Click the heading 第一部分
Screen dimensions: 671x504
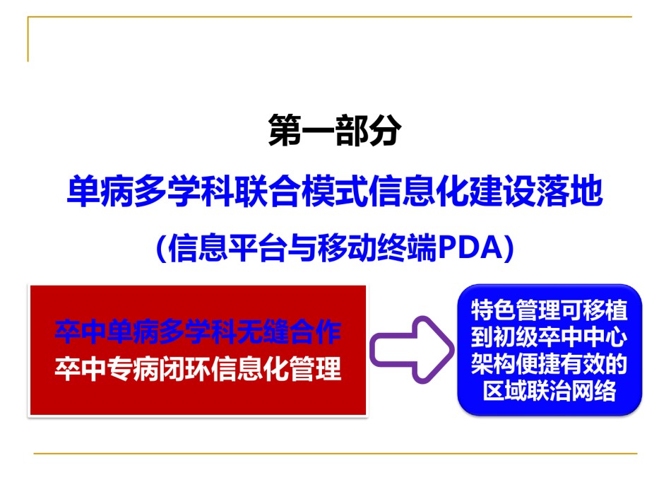tap(335, 130)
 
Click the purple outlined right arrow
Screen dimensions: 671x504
tap(412, 349)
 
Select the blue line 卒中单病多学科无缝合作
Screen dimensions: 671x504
tap(198, 332)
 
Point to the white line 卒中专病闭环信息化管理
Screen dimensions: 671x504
tap(198, 368)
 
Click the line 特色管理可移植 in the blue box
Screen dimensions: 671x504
tap(550, 310)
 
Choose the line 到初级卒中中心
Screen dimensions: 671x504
tap(550, 337)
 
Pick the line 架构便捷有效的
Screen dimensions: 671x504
tap(550, 364)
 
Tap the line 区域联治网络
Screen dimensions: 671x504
tap(550, 390)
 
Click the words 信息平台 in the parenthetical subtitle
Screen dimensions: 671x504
tap(227, 248)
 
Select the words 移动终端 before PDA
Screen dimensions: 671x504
tap(377, 248)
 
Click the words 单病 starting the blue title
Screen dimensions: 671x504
tap(100, 192)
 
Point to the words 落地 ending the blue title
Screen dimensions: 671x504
tap(569, 192)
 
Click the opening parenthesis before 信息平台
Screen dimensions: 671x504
tap(162, 248)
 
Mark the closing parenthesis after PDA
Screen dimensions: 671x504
tap(509, 248)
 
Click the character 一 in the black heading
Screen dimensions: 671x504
tap(318, 130)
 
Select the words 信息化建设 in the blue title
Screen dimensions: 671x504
tap(452, 192)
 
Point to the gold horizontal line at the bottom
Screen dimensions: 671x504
tap(335, 453)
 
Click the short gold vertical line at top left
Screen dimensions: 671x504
tap(28, 39)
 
